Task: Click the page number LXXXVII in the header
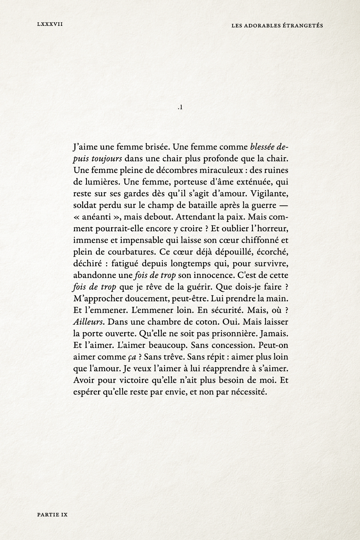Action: [x=50, y=24]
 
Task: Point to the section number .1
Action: [x=180, y=108]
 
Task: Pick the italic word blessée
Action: [x=262, y=147]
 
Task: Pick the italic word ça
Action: [x=132, y=357]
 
